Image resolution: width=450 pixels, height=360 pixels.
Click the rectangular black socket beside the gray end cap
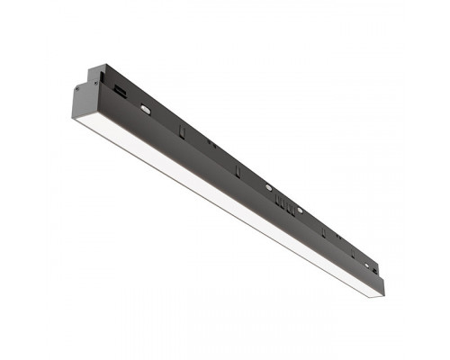[120, 92]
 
